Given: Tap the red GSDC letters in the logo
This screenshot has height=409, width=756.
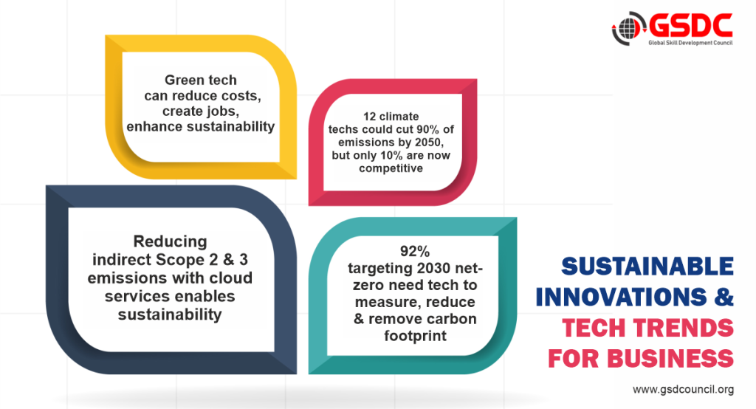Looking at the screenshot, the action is pyautogui.click(x=690, y=26).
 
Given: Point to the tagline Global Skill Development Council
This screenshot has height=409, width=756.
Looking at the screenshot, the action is pyautogui.click(x=690, y=43).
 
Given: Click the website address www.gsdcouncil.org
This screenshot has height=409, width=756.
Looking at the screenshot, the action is pyautogui.click(x=683, y=389).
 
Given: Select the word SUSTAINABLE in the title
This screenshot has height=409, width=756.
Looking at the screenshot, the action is pyautogui.click(x=647, y=267).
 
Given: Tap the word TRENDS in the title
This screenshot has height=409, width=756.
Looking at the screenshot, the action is pyautogui.click(x=684, y=328).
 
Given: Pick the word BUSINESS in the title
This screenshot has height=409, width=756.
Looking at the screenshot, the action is pyautogui.click(x=670, y=359).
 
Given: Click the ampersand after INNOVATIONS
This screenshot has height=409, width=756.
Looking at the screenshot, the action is pyautogui.click(x=724, y=297).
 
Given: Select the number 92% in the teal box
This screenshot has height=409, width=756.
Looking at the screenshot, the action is pyautogui.click(x=415, y=251).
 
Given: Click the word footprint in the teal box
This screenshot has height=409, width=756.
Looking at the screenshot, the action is pyautogui.click(x=415, y=336).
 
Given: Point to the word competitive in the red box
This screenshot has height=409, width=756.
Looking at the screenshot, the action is pyautogui.click(x=391, y=168).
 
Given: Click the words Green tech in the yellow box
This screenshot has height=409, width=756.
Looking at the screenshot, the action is pyautogui.click(x=201, y=80).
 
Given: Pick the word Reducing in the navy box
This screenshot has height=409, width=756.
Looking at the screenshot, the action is pyautogui.click(x=171, y=241).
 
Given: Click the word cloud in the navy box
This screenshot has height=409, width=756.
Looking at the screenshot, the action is pyautogui.click(x=230, y=278).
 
